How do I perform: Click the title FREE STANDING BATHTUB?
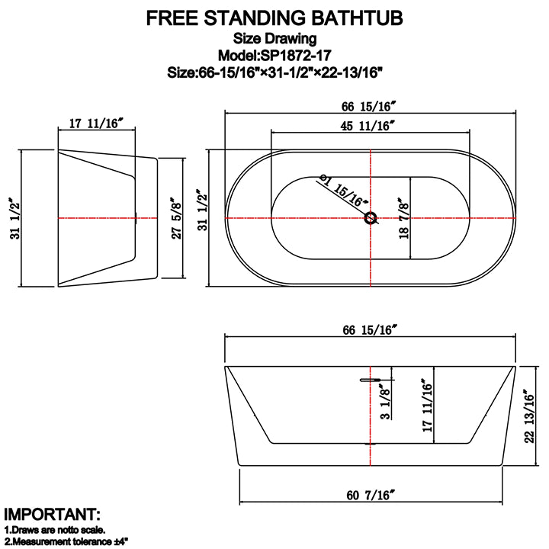pyautogui.click(x=274, y=18)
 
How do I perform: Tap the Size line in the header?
pyautogui.click(x=274, y=73)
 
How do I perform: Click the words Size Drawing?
pyautogui.click(x=274, y=38)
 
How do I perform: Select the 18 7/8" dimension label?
pyautogui.click(x=403, y=218)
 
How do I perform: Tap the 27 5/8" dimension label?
pyautogui.click(x=176, y=219)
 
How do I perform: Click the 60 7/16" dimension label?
pyautogui.click(x=371, y=495)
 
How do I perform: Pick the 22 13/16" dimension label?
pyautogui.click(x=529, y=416)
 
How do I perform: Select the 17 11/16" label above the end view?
pyautogui.click(x=96, y=124)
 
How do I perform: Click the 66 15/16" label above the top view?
pyautogui.click(x=368, y=107)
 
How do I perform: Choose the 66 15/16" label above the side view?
pyautogui.click(x=370, y=330)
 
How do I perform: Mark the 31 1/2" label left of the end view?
pyautogui.click(x=16, y=219)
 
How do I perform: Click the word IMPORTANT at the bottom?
pyautogui.click(x=52, y=515)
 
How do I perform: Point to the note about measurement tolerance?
pyautogui.click(x=66, y=541)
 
